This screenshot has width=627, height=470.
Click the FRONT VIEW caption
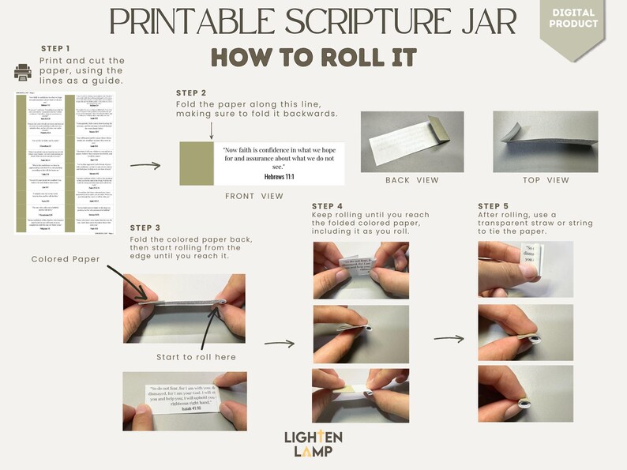click(x=254, y=196)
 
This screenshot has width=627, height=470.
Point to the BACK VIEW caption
click(x=411, y=180)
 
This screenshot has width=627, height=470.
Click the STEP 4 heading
click(x=328, y=206)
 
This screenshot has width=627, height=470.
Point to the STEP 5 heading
click(x=494, y=206)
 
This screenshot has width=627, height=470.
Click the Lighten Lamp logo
click(x=313, y=443)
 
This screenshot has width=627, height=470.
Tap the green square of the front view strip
click(x=196, y=164)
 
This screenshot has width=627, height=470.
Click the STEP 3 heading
click(x=146, y=228)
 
